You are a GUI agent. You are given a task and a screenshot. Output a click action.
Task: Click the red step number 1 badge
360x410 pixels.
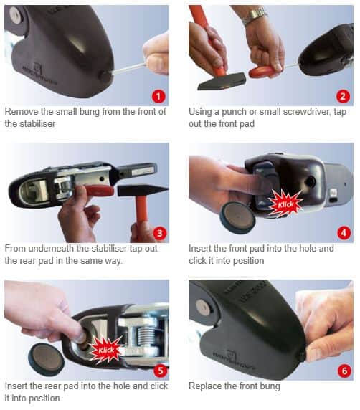[158, 96]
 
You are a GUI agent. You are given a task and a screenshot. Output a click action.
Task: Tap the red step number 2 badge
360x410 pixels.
[343, 96]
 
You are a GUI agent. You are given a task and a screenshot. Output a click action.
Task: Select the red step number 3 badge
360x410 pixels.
[159, 233]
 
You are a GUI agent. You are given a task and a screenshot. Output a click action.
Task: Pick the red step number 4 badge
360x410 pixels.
[344, 233]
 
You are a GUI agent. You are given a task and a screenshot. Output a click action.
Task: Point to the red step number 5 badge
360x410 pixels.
[160, 370]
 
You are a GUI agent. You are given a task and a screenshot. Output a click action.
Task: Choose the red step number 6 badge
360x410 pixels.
[344, 371]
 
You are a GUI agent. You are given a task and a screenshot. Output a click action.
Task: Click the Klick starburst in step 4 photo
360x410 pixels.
[285, 204]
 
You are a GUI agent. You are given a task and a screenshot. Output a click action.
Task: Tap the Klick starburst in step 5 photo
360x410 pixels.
[106, 350]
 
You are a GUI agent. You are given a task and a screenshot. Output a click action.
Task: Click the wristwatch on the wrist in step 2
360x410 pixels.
[253, 15]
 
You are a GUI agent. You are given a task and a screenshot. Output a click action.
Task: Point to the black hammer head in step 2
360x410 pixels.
[222, 81]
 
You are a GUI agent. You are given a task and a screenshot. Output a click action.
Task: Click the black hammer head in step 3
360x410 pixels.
[143, 191]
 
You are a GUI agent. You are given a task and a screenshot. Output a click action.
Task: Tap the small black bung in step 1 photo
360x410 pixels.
[105, 77]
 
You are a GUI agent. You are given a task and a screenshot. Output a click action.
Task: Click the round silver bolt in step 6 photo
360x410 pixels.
[203, 307]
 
